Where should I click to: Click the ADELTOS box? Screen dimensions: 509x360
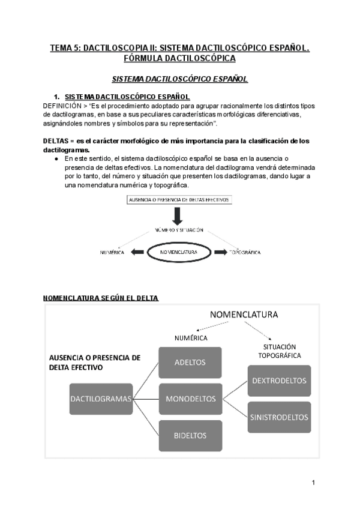pos(190,362)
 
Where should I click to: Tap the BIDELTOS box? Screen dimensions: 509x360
pos(190,435)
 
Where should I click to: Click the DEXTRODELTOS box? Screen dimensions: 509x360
pos(279,381)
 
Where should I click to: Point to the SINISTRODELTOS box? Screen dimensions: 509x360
pos(279,417)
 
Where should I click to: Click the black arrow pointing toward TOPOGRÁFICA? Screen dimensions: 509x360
pos(221,253)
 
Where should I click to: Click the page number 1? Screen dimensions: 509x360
pos(313,483)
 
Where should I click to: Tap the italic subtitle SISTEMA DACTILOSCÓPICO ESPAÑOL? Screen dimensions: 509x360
pos(180,79)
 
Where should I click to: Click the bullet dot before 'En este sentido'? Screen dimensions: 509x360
pos(56,159)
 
